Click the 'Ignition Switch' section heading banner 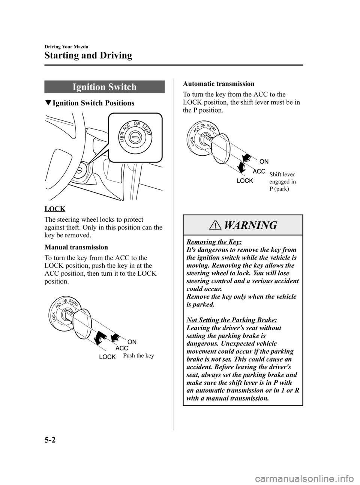click(104, 87)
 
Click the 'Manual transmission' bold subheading click(76, 247)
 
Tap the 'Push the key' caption click(138, 355)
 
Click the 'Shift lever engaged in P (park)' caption click(282, 182)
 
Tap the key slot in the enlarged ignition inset click(134, 138)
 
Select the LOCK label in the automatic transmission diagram click(245, 181)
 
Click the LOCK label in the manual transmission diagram click(107, 357)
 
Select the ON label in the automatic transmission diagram click(264, 161)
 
